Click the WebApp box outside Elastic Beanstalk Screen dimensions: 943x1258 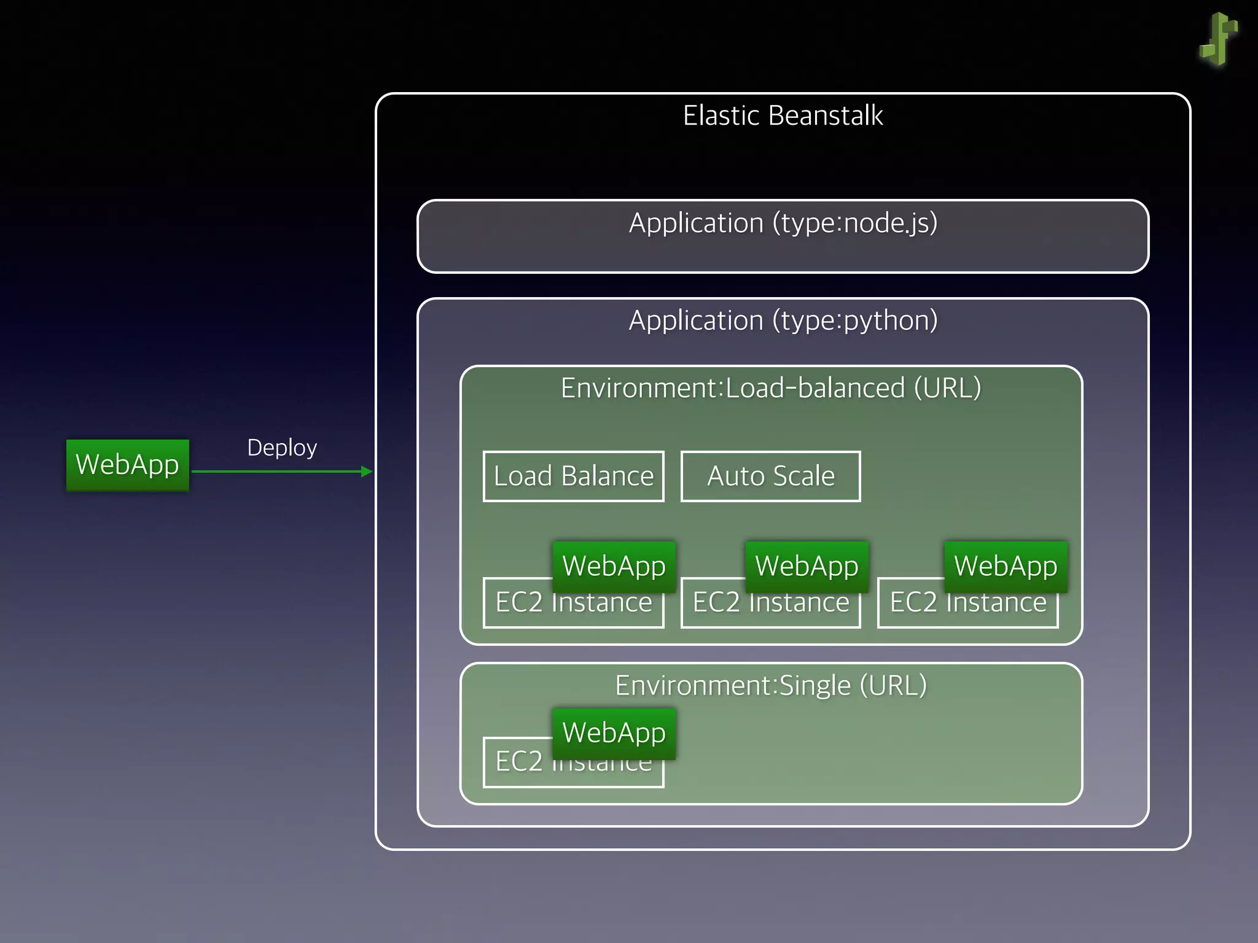(127, 465)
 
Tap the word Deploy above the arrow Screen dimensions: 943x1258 (282, 448)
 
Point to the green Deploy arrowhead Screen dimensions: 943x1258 (367, 471)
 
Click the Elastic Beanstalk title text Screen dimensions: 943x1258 (783, 115)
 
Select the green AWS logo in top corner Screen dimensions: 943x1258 (1219, 39)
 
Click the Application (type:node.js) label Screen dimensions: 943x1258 (783, 223)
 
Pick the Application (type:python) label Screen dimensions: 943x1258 (783, 320)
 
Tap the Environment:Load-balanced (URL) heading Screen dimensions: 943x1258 (771, 388)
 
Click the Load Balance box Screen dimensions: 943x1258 (573, 476)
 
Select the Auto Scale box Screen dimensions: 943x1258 (770, 476)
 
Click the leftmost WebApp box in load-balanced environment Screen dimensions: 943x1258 (614, 565)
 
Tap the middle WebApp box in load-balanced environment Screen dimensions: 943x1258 (807, 565)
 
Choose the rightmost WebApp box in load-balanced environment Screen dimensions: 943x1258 (1006, 565)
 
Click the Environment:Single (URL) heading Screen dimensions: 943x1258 (771, 685)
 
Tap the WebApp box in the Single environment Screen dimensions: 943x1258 (614, 733)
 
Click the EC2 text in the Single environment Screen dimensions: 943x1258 (519, 762)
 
